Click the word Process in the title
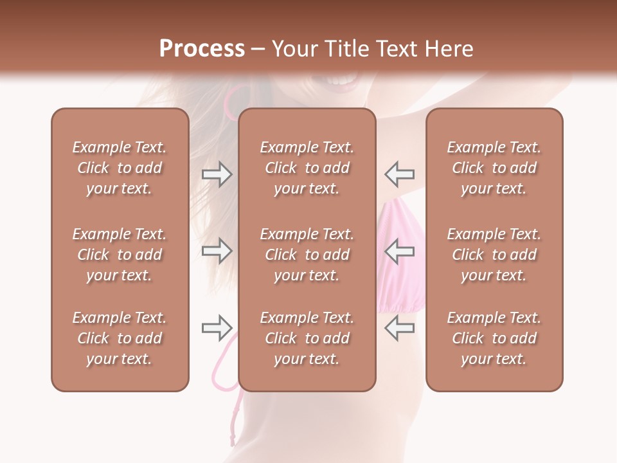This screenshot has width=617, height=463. (x=202, y=49)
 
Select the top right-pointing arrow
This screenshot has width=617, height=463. (x=217, y=174)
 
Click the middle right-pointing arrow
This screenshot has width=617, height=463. (x=217, y=251)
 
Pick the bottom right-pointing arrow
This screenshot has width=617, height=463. (x=217, y=328)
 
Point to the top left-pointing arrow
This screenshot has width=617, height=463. (x=399, y=174)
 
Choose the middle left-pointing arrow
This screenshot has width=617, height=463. (x=399, y=251)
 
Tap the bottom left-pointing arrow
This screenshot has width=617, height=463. (x=399, y=328)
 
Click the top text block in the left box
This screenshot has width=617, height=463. (x=120, y=168)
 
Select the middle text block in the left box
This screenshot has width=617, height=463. (x=120, y=255)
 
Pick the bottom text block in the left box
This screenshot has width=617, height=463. (x=120, y=338)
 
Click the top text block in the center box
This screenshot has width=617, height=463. (x=307, y=168)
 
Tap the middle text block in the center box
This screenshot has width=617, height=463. (x=307, y=255)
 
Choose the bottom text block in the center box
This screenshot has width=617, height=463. (x=307, y=338)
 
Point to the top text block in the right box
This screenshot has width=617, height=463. (x=494, y=168)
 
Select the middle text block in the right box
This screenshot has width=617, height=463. (x=494, y=255)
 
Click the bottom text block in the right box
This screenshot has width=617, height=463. (x=494, y=338)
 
